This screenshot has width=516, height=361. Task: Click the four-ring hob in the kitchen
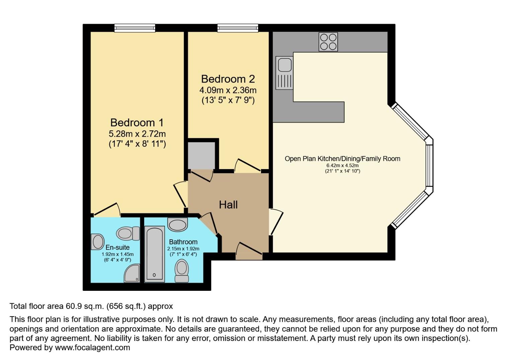coord(328,42)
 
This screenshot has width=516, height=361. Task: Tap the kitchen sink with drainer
coord(284,73)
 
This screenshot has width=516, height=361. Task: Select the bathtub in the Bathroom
coord(154,253)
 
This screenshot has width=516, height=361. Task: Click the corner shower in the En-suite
coord(132,274)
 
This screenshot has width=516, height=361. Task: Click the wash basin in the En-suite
coord(97,242)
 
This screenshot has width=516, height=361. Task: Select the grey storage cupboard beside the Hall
coord(201,155)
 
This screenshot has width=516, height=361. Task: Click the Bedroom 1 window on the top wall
coord(135,28)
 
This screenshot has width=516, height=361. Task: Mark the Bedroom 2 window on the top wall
coord(238,28)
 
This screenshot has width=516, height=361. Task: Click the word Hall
coord(228,205)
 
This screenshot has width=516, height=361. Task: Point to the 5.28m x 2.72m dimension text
coord(137,134)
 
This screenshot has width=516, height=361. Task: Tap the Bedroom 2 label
coord(228,79)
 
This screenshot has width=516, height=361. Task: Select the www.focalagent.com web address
coord(92,347)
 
